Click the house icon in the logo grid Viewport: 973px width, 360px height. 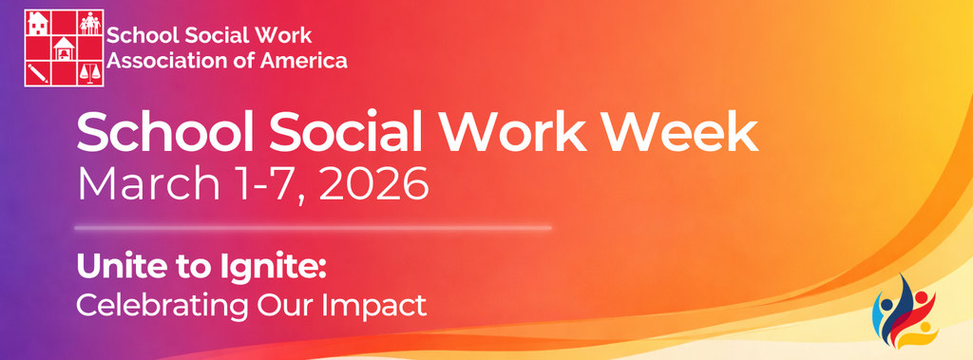[x=39, y=22]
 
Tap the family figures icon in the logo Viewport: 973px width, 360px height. [x=89, y=22]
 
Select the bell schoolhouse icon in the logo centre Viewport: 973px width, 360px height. [x=64, y=47]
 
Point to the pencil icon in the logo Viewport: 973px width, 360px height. [x=39, y=72]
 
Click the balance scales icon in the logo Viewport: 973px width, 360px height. [x=89, y=72]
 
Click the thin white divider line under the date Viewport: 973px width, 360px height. [x=313, y=228]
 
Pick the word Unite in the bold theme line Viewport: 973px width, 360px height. [x=120, y=268]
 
